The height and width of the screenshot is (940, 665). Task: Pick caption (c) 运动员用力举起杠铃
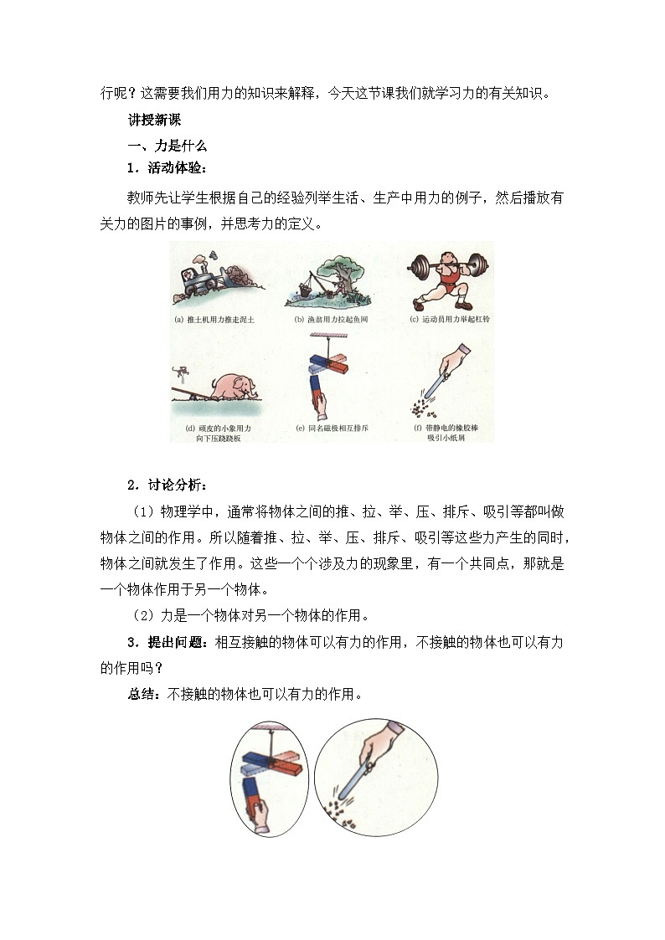pos(447,319)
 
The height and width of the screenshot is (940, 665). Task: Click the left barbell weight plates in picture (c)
pos(417,267)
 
